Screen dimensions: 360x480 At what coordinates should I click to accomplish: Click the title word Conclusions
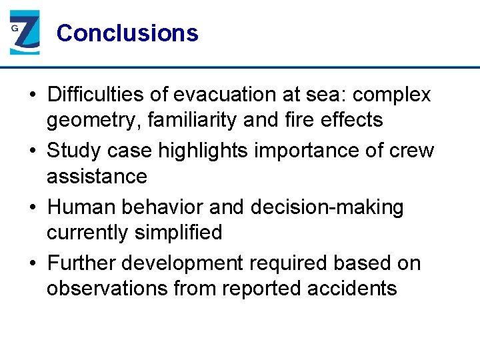click(127, 33)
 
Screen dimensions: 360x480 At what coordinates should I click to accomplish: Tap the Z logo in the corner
click(25, 32)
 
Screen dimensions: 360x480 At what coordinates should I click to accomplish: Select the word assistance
click(97, 177)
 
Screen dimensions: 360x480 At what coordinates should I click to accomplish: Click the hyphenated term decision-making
click(327, 207)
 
